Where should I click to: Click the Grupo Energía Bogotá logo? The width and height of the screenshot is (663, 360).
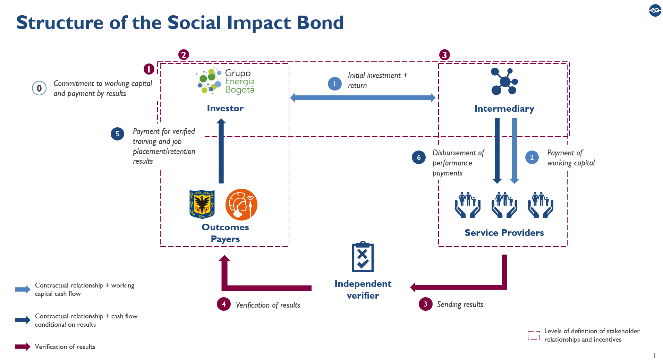[226, 81]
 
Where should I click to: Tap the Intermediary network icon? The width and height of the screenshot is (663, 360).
[504, 82]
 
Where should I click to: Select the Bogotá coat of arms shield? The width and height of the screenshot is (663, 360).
[202, 204]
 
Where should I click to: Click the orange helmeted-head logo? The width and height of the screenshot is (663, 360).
[241, 205]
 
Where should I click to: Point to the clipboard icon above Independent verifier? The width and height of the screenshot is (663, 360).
[363, 257]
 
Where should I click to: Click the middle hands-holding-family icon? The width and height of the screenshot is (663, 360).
[504, 205]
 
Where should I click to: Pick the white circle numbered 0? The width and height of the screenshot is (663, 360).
[39, 88]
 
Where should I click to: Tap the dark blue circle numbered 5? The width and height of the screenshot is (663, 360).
[117, 134]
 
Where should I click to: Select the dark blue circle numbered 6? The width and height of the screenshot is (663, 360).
[419, 157]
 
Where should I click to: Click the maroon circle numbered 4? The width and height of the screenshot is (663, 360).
[224, 304]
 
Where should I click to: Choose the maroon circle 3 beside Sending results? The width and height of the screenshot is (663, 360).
[426, 304]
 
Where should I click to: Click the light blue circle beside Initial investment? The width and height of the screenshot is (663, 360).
[335, 84]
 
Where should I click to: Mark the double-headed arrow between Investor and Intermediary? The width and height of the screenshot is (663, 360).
[363, 98]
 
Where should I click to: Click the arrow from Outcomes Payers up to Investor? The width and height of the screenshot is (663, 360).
[221, 151]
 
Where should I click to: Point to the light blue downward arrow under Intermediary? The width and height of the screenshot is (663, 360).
[515, 151]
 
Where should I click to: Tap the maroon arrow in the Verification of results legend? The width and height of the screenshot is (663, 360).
[23, 346]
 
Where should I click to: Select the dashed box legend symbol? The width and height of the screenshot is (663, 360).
[534, 335]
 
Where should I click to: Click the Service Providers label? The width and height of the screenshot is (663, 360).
[504, 233]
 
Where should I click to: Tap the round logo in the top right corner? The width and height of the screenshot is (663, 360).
[655, 10]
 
